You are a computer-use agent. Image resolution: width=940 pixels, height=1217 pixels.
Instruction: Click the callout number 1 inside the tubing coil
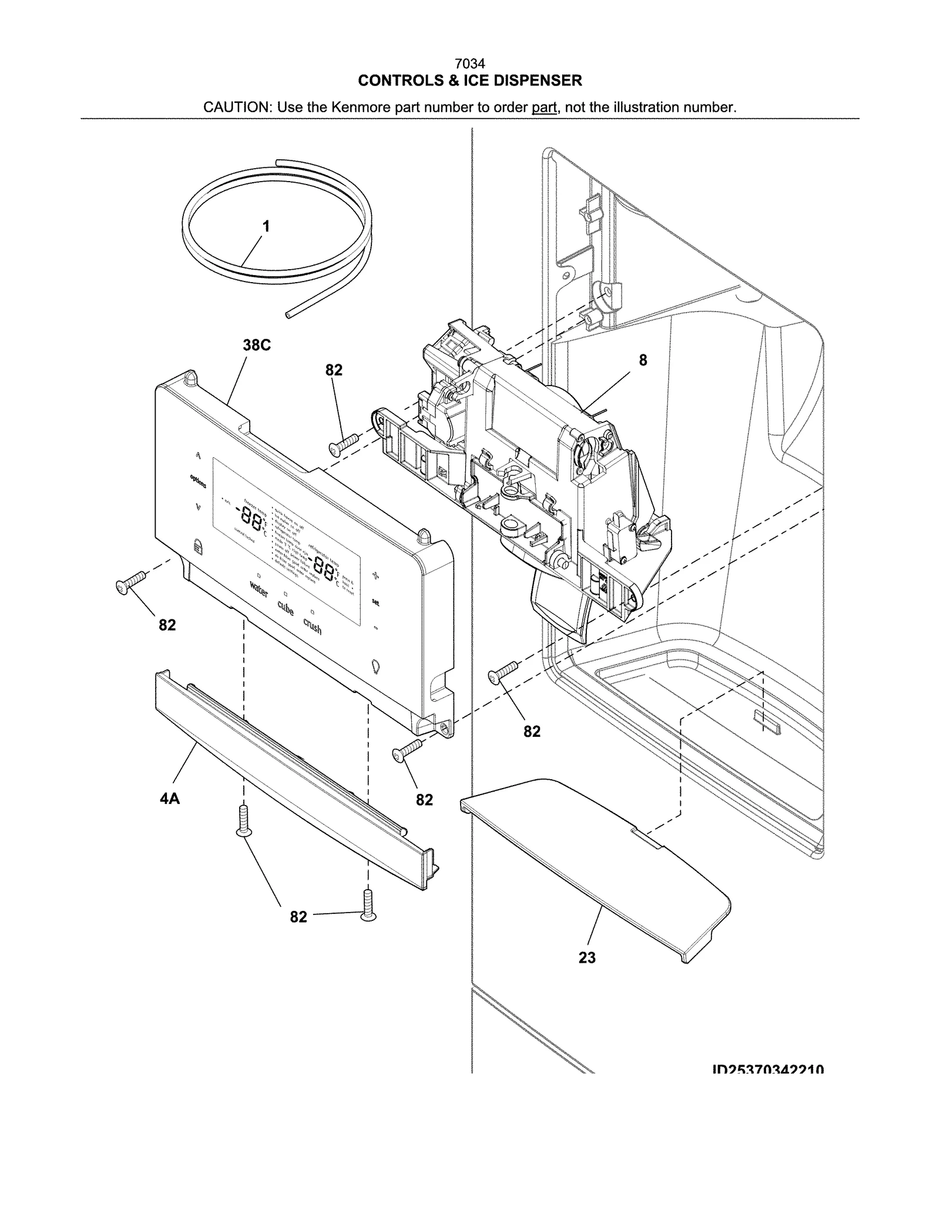coord(266,226)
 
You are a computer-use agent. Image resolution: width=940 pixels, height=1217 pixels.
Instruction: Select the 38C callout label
coord(257,346)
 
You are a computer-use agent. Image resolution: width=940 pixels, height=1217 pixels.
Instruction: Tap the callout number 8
coord(643,360)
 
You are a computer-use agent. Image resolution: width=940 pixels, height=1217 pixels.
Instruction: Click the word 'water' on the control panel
coord(259,589)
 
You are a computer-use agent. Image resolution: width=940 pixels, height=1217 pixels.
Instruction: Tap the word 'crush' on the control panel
coord(312,626)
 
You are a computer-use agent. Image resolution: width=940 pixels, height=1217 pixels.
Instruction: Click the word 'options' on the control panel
coord(198,480)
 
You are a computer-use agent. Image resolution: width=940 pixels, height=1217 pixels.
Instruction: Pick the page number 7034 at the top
coord(470,63)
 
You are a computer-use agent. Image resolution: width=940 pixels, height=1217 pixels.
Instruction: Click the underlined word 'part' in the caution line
coord(544,108)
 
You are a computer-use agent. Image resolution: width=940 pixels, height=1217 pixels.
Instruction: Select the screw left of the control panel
coord(130,582)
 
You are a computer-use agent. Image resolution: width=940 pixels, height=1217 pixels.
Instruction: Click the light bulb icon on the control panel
coord(376,667)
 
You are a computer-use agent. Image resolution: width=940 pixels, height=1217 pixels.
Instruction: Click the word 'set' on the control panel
coord(375,602)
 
